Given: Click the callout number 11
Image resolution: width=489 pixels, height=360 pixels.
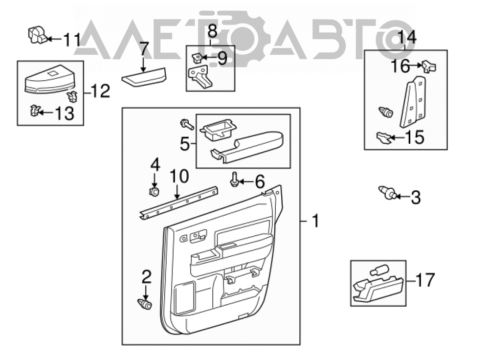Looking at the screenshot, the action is click(x=72, y=40).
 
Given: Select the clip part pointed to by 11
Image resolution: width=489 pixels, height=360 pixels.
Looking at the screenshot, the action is click(x=37, y=34).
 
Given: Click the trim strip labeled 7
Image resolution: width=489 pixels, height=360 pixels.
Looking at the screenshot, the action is click(x=144, y=77).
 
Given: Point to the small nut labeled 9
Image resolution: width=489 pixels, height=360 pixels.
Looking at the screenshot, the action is click(x=197, y=57).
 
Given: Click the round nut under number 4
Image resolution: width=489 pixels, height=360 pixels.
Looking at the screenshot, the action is click(x=155, y=192).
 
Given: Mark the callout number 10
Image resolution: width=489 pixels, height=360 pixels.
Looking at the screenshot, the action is click(x=179, y=176).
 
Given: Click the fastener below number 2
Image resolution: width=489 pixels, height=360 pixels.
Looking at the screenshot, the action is click(x=144, y=304).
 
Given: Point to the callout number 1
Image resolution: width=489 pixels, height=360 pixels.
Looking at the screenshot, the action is click(x=315, y=221).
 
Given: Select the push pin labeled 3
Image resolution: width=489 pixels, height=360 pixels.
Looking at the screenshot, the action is click(x=386, y=192).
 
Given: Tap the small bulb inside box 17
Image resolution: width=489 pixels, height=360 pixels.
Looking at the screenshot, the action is click(x=379, y=270).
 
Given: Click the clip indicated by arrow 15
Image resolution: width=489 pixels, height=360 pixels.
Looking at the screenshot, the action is click(x=383, y=137).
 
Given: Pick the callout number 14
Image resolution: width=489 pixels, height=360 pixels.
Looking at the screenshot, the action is click(x=407, y=38).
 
